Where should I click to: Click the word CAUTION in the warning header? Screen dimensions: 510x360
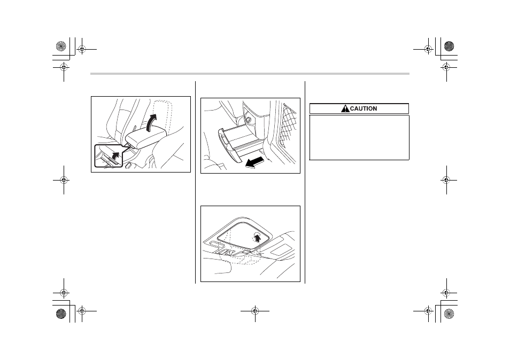click(x=364, y=108)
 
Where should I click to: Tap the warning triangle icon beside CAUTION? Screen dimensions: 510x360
click(x=345, y=108)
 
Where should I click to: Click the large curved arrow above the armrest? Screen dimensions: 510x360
click(x=151, y=122)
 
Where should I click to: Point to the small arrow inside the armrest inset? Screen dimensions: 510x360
click(x=115, y=155)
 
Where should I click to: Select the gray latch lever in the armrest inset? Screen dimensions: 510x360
click(x=111, y=160)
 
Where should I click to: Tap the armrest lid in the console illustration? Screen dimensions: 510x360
click(x=143, y=138)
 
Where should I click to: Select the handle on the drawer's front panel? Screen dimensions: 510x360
click(x=225, y=139)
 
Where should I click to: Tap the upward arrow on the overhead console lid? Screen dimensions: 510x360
click(x=257, y=238)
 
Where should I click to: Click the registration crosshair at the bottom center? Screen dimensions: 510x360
click(x=255, y=311)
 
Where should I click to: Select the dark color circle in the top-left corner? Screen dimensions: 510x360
click(x=61, y=46)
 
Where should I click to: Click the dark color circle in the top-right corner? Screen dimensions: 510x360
click(x=449, y=46)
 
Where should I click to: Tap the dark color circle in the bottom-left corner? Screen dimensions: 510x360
click(x=61, y=314)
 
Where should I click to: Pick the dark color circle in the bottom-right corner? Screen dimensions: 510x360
click(x=449, y=314)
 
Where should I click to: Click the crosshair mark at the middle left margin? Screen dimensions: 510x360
click(x=64, y=180)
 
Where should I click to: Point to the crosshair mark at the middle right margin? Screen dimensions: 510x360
click(x=446, y=180)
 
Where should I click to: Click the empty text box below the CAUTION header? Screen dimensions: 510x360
click(x=359, y=137)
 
